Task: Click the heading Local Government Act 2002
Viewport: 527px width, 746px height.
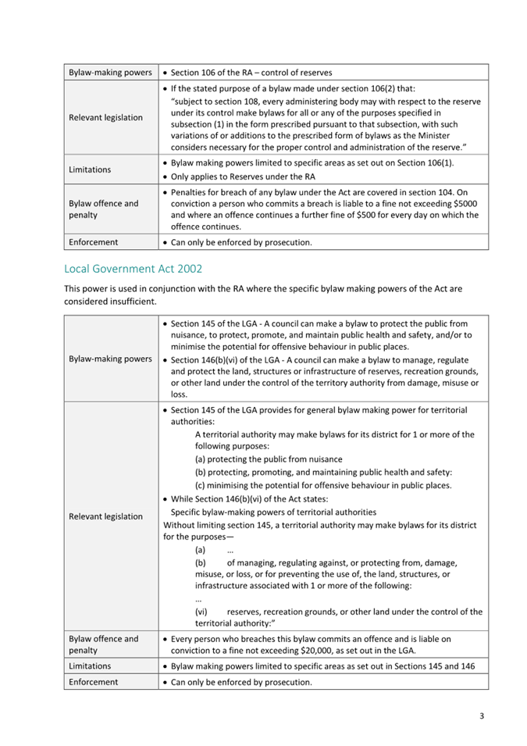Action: tap(133, 269)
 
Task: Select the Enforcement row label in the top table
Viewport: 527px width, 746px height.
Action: tap(93, 242)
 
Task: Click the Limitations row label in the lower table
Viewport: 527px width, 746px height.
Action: tap(90, 666)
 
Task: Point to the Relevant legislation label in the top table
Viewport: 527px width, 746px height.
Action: tap(105, 118)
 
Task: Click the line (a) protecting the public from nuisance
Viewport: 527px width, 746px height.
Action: tap(269, 459)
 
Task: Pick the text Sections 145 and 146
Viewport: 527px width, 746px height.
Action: tap(424, 666)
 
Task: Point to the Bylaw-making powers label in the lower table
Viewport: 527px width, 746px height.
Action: tap(110, 359)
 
